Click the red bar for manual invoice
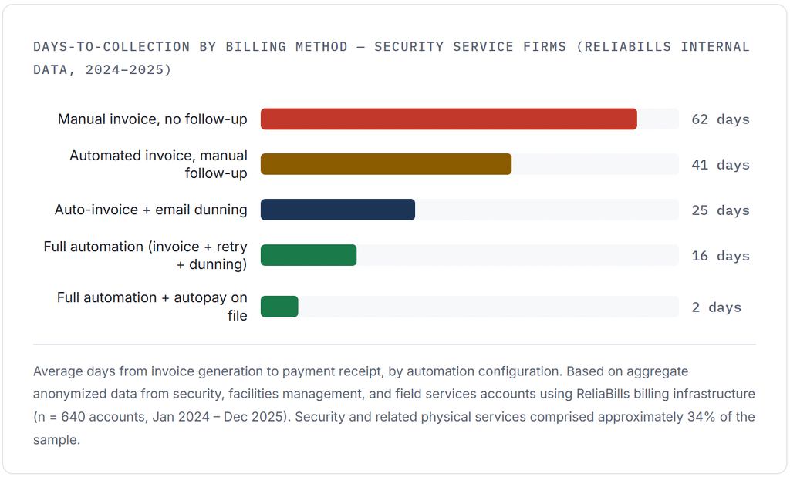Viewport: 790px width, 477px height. pos(448,119)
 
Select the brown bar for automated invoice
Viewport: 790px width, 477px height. pos(386,165)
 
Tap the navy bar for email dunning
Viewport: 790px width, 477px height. pos(338,210)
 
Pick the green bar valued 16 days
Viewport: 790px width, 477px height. pos(309,255)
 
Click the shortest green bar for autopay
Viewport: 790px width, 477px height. pos(279,307)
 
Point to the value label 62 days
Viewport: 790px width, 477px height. pos(721,119)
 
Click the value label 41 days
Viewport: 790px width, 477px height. pos(721,165)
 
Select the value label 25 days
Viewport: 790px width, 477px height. pos(721,210)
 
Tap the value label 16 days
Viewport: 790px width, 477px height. pos(721,256)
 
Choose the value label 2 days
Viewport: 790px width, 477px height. pos(717,307)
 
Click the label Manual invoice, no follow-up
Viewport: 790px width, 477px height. pos(153,119)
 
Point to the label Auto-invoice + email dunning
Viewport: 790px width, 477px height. pos(151,210)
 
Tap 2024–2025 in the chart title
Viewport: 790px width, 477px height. pos(129,69)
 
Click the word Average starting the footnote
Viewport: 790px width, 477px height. pos(58,372)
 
